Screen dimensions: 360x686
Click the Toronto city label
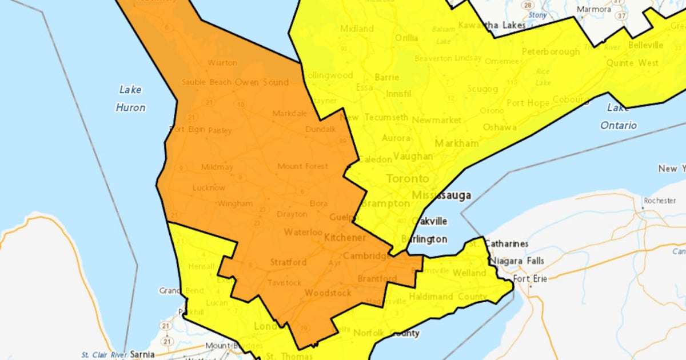coord(407,179)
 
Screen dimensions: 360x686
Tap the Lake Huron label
coord(130,98)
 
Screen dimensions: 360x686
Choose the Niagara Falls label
coord(513,261)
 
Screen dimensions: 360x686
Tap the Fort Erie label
coord(530,279)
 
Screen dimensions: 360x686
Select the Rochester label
coord(659,201)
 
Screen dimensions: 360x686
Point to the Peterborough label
coord(551,52)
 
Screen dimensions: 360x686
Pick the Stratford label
coord(288,263)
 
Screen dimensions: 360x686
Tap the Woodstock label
coord(328,293)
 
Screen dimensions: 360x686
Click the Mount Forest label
coord(302,166)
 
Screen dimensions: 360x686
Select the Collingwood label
coord(328,75)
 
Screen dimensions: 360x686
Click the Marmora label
coord(594,10)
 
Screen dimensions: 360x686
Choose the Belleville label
coord(644,45)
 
